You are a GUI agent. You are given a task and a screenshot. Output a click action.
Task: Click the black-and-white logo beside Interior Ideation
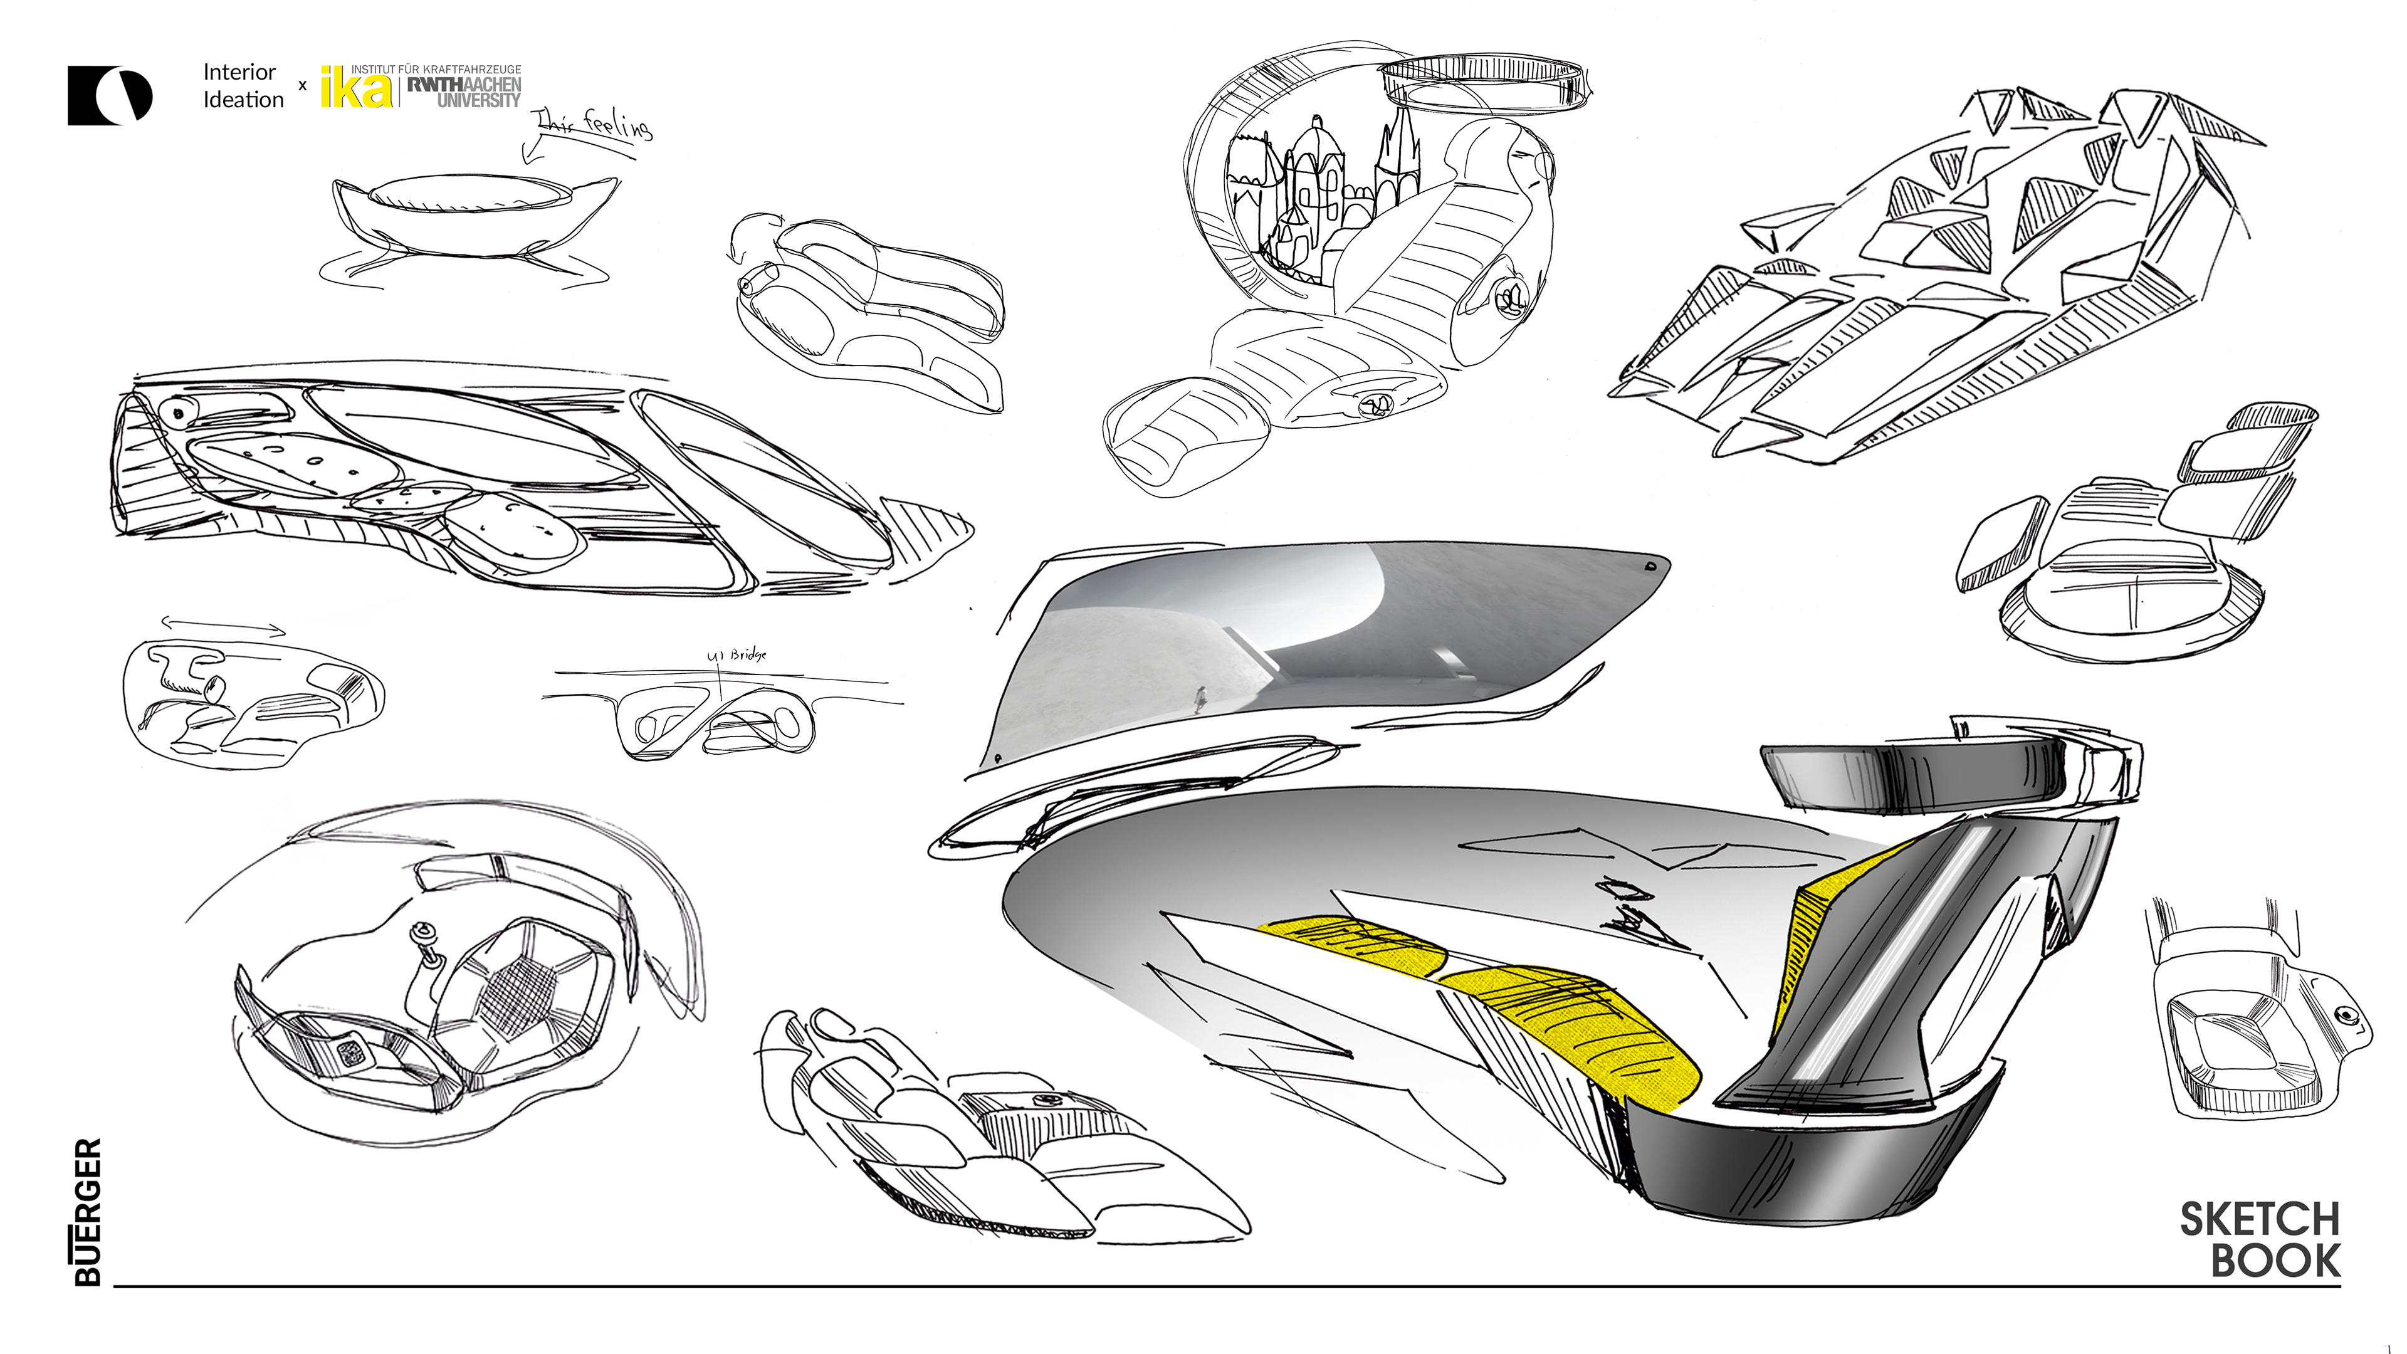click(109, 95)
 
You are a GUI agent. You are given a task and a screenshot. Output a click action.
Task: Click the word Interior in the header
click(239, 72)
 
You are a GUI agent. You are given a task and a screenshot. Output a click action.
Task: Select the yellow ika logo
click(356, 88)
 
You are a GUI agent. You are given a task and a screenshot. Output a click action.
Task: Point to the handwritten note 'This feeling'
click(592, 123)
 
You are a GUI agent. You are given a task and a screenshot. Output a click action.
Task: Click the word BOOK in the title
click(2275, 1261)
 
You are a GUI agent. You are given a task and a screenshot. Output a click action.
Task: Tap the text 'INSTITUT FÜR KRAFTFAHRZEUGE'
click(436, 69)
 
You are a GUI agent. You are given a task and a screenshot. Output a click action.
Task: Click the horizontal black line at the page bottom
click(1215, 1287)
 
